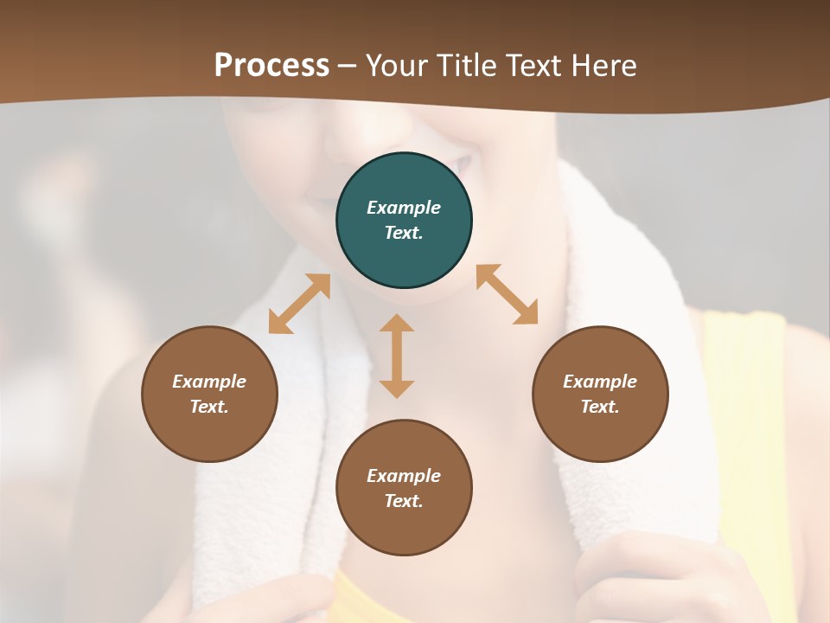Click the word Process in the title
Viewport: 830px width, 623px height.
[271, 66]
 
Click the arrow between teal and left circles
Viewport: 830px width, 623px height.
[299, 304]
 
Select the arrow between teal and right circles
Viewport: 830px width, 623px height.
[508, 294]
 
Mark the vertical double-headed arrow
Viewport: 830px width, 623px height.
[397, 356]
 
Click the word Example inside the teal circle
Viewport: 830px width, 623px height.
[404, 208]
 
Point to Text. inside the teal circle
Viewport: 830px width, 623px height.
[404, 233]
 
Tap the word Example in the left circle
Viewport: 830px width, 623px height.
[209, 382]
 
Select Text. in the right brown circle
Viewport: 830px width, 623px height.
[600, 407]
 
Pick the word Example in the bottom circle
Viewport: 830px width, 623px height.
[404, 476]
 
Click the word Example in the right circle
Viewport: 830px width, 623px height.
[600, 382]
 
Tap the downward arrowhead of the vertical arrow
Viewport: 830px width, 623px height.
[397, 389]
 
